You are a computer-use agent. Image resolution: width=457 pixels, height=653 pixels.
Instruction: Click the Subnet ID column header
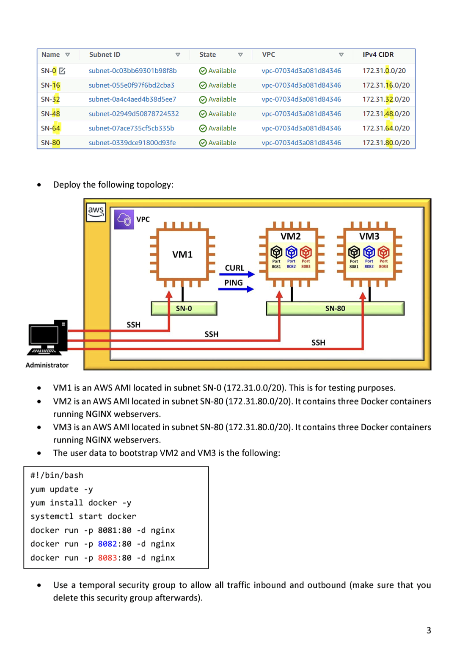coord(105,55)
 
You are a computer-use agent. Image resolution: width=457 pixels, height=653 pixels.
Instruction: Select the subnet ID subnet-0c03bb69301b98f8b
coord(132,71)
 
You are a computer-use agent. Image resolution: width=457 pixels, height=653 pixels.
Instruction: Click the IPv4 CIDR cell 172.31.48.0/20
coord(386,113)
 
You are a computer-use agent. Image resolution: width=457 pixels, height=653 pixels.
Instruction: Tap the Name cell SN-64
coord(50,128)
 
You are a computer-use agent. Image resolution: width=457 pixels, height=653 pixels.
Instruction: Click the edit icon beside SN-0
coord(62,71)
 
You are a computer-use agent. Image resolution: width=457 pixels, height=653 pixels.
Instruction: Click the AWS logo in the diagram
coord(96,212)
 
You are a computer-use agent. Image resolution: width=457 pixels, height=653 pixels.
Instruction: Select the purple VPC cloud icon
coord(124,219)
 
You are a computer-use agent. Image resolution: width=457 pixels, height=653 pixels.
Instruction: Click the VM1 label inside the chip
coord(182,254)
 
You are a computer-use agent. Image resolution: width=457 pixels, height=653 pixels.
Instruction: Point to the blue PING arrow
coord(236,289)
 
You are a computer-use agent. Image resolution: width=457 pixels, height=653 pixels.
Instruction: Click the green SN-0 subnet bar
coord(184,308)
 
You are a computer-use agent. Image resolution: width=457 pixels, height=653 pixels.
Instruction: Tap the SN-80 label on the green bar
coord(335,308)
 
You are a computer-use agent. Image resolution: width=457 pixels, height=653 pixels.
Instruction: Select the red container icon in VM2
coord(306,252)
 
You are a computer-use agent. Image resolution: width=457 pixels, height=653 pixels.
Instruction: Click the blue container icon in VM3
coord(369,252)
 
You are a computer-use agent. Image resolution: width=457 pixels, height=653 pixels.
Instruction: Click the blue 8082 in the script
coord(107,544)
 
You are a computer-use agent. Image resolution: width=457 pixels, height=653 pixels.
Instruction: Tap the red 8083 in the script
coord(107,558)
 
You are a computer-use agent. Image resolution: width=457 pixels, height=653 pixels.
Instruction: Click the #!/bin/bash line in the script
coord(57,475)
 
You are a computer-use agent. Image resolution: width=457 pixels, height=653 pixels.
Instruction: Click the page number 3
coord(429,630)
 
